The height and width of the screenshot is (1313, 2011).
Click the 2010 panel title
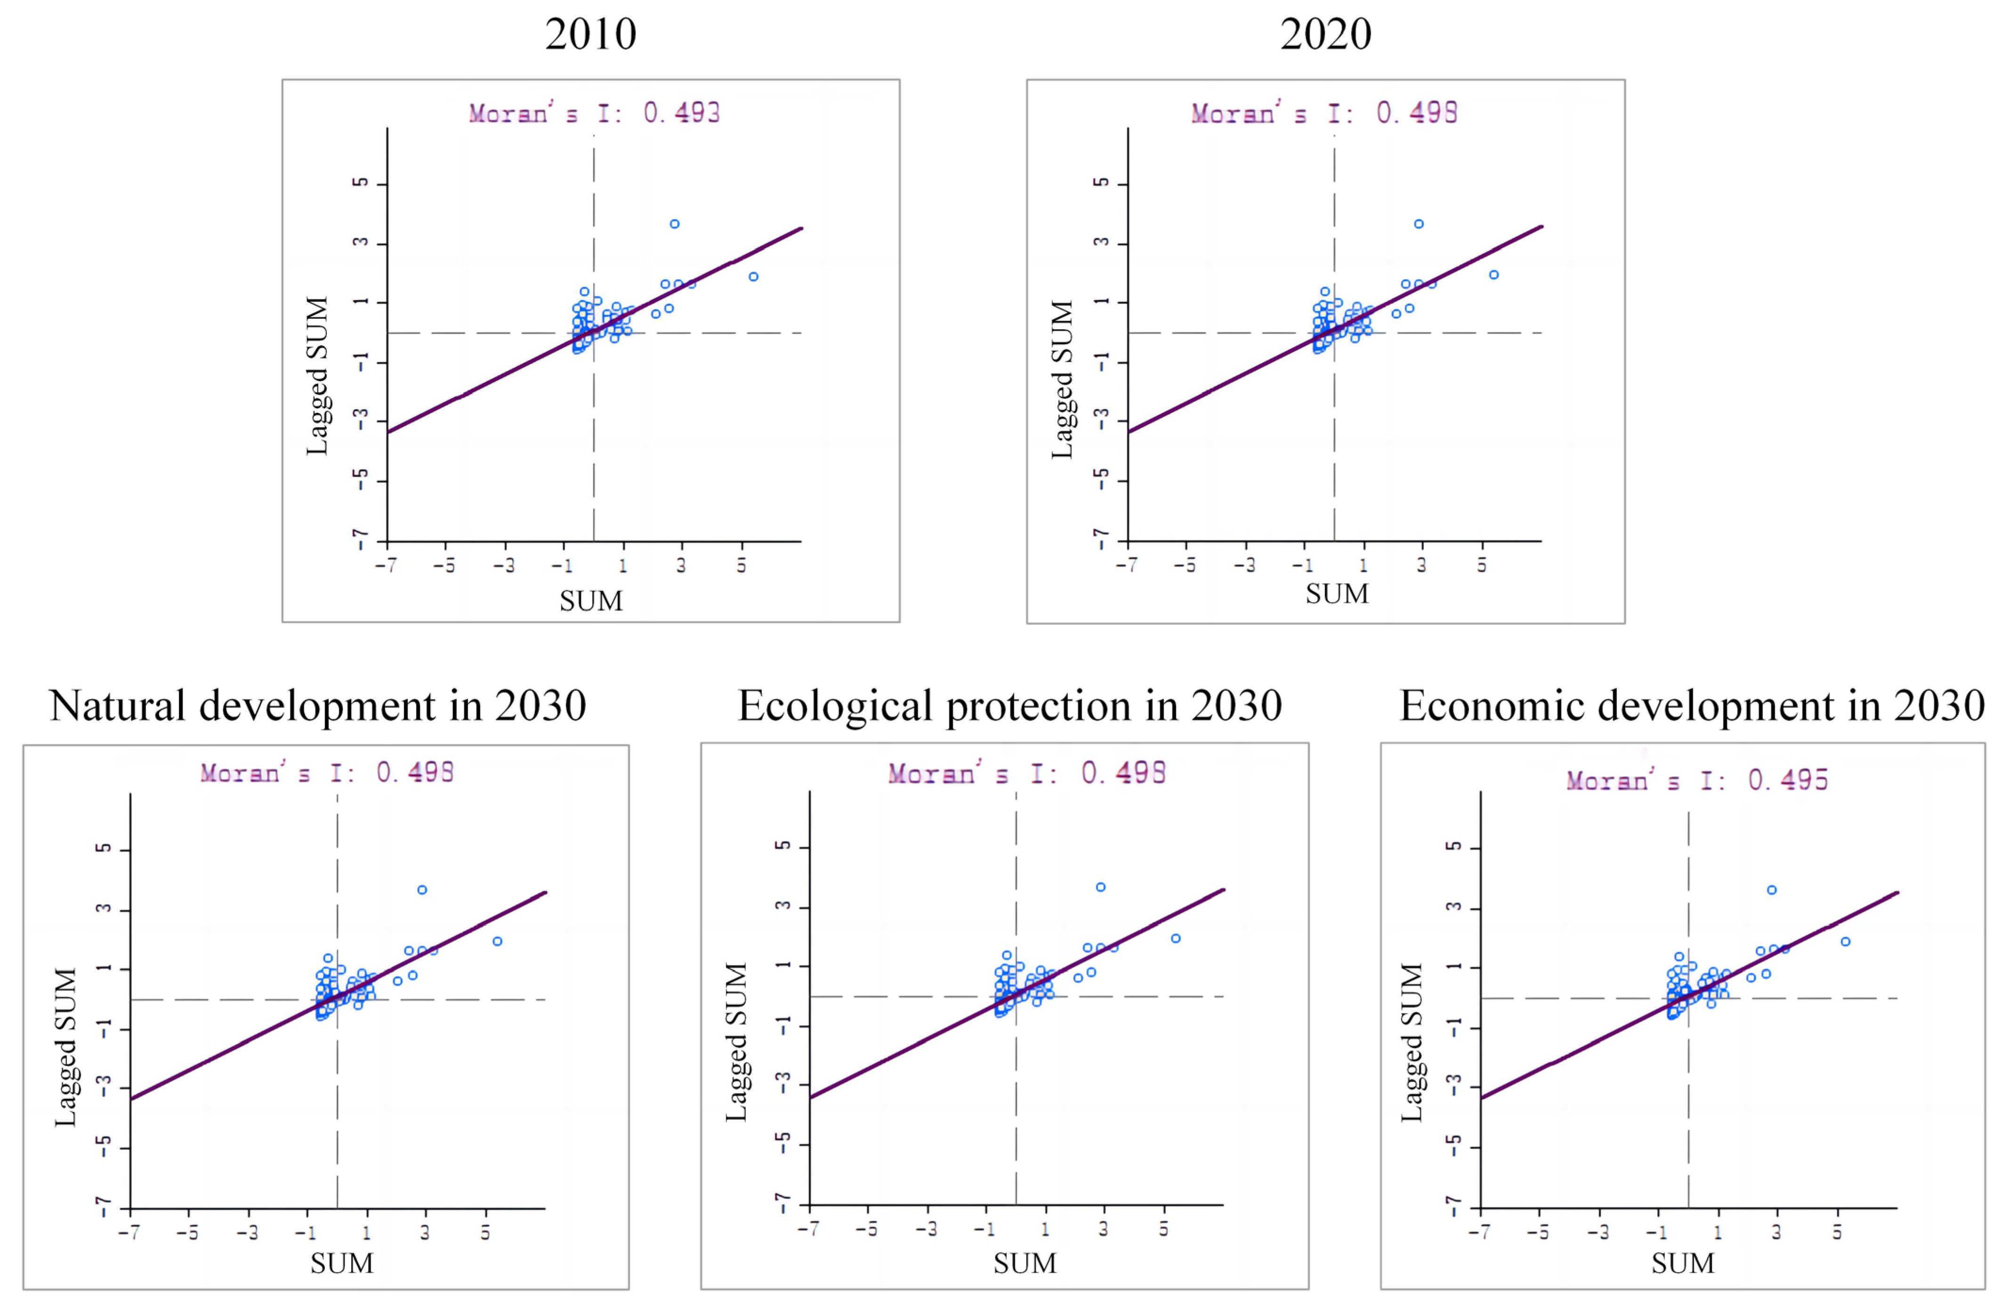tap(590, 35)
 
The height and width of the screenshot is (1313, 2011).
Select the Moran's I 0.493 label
tap(594, 113)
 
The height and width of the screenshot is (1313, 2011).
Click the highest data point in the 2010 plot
tap(674, 224)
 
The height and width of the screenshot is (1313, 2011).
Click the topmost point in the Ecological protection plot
tap(1100, 887)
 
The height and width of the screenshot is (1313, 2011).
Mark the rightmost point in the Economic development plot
tap(1845, 941)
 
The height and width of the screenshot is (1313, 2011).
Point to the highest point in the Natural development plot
tap(421, 890)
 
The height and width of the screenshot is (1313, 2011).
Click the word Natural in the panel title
tap(117, 705)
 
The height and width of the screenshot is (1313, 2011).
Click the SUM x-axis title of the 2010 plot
tap(590, 601)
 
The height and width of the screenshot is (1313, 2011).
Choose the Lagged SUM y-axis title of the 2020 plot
tap(1061, 380)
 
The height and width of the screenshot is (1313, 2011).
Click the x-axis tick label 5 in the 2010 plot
tap(741, 565)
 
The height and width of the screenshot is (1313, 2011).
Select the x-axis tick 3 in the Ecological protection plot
tap(1103, 1229)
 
